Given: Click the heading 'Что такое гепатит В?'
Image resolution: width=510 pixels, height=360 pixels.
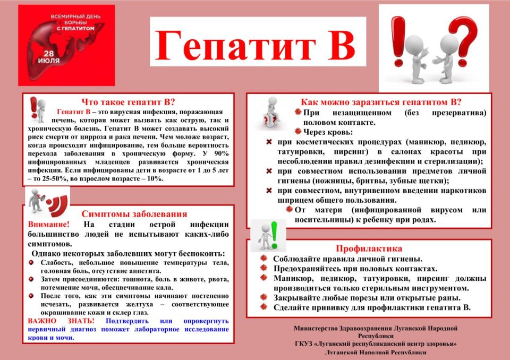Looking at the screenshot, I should [128, 102].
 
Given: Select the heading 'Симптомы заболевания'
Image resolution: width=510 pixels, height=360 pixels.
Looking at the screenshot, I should [134, 214].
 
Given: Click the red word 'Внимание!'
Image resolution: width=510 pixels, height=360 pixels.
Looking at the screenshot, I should [48, 225].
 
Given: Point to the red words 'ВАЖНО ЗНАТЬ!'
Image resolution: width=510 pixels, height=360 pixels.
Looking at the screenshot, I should [61, 321].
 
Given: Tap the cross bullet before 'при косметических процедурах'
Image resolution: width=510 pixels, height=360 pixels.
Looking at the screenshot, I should [269, 142].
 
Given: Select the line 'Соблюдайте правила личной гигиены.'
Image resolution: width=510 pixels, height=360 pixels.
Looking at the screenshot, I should [347, 259].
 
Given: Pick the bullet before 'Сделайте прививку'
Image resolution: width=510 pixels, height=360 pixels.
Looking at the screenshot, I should [263, 307].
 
